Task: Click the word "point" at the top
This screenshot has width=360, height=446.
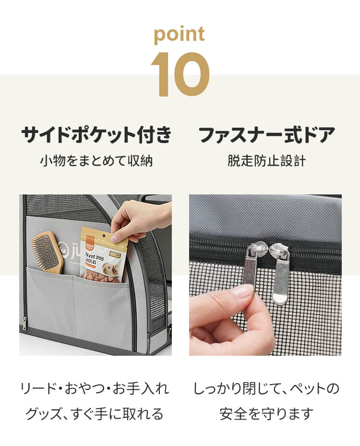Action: (x=179, y=35)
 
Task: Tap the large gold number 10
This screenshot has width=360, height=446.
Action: (x=180, y=74)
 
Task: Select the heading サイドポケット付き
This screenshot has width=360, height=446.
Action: (x=96, y=134)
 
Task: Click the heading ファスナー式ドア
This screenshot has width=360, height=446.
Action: (x=266, y=134)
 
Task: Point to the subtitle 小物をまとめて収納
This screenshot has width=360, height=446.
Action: (x=96, y=161)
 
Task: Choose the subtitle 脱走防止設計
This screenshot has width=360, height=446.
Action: (x=266, y=161)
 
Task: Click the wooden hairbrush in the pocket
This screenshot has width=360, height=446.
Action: (x=48, y=252)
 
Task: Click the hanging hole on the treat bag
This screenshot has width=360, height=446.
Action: (x=104, y=236)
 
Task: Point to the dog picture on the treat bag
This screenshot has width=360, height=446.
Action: (x=112, y=268)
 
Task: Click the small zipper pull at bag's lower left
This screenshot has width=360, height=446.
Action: (x=25, y=323)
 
